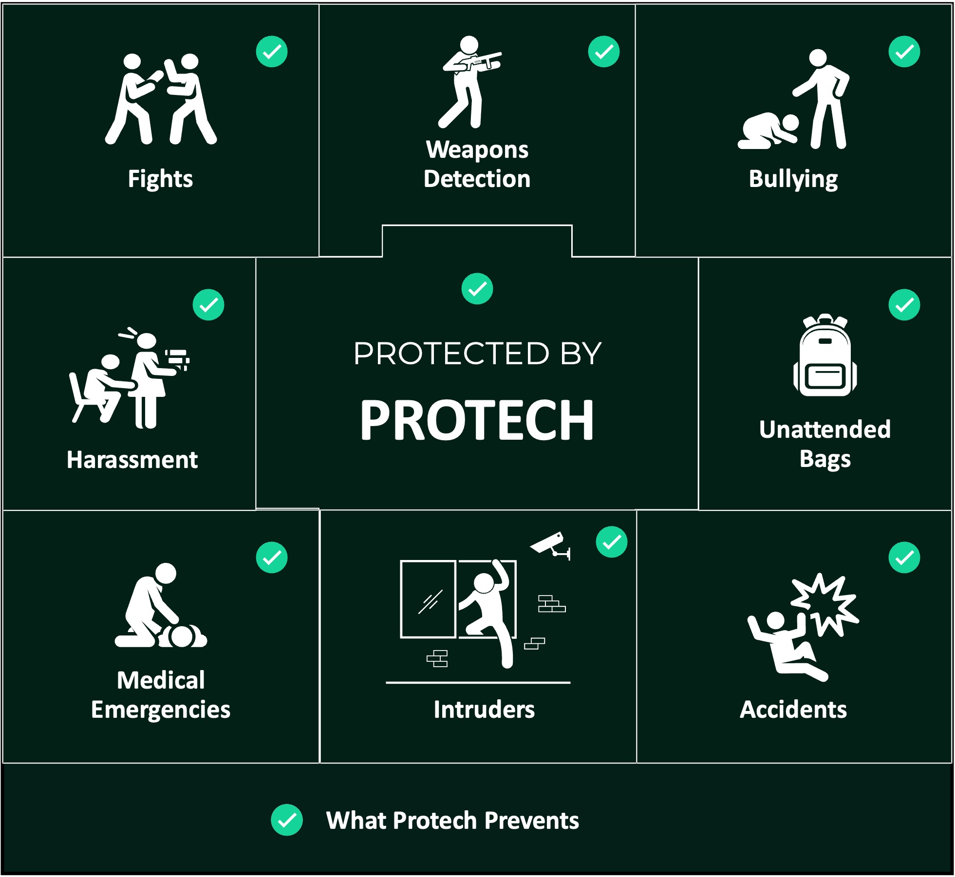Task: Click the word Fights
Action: click(160, 179)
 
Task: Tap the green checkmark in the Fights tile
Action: click(272, 51)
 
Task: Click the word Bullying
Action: click(793, 180)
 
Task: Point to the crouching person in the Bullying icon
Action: click(768, 131)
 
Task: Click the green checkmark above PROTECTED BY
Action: click(477, 288)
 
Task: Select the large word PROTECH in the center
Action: click(477, 420)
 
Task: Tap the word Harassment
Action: click(132, 460)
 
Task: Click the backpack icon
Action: click(825, 355)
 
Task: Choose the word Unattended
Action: click(825, 429)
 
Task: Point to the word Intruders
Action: click(484, 709)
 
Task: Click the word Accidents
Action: click(793, 709)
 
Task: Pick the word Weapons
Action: click(477, 150)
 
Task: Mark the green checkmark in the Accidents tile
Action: click(904, 557)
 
